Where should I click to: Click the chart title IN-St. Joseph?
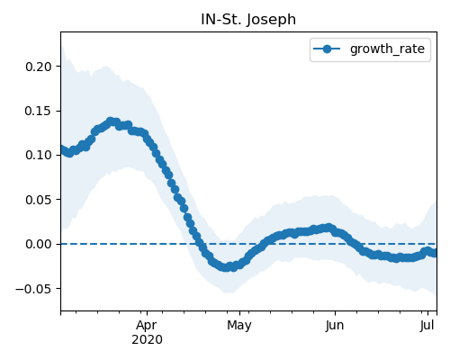point(248,20)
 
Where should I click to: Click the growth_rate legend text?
point(387,49)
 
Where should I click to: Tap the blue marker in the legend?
point(327,49)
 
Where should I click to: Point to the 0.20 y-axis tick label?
point(39,67)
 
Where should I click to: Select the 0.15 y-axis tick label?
point(39,111)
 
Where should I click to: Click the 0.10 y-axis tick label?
point(39,156)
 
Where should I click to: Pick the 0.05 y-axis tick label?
point(39,200)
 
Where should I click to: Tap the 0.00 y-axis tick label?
point(39,244)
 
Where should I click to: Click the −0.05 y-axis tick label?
point(34,289)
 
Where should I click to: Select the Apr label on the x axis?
point(147,326)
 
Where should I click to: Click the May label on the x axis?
point(239,326)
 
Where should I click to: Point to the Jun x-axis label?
point(335,326)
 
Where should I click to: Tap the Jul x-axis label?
point(427,326)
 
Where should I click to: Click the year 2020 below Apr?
point(147,340)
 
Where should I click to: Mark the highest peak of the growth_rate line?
point(111,121)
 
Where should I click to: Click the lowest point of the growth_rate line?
point(227,267)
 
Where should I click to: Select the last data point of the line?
point(434,254)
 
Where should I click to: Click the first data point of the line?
point(62,149)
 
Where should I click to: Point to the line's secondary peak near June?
point(329,228)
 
